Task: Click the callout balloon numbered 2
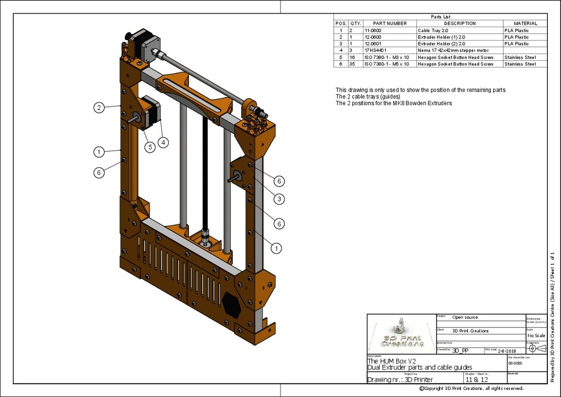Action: pyautogui.click(x=99, y=107)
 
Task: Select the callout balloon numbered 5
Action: pyautogui.click(x=150, y=147)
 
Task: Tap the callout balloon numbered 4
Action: pyautogui.click(x=163, y=142)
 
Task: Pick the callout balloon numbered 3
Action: pyautogui.click(x=279, y=199)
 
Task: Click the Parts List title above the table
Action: pyautogui.click(x=440, y=17)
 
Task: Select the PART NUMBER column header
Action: pyautogui.click(x=390, y=24)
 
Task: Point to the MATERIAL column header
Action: pyautogui.click(x=525, y=24)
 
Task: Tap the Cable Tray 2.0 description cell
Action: pyautogui.click(x=433, y=31)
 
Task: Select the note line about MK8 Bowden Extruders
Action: pyautogui.click(x=393, y=104)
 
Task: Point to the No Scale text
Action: pyautogui.click(x=536, y=336)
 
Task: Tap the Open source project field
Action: pyautogui.click(x=465, y=317)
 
